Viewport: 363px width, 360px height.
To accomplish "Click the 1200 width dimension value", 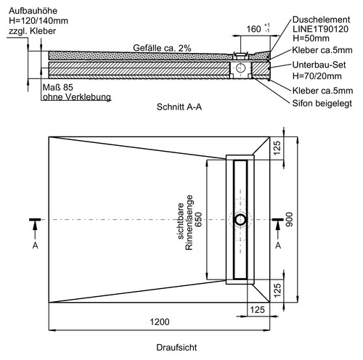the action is coord(160,322).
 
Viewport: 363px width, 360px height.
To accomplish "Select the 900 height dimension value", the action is coord(289,219).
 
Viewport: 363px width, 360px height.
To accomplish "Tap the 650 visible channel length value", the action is coord(198,219).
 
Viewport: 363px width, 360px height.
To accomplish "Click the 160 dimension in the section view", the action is coord(253,29).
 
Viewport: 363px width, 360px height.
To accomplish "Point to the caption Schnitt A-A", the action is coord(179,107).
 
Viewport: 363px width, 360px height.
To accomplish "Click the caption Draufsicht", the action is coord(176,348).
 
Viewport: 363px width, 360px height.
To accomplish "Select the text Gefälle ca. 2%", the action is coord(162,48).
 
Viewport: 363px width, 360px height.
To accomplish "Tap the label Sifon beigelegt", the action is coord(322,104).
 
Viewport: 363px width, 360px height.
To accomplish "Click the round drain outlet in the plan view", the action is coord(240,219).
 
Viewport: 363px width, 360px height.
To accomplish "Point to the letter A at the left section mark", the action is coord(36,245).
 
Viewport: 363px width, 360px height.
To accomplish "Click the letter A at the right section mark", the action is coord(278,245).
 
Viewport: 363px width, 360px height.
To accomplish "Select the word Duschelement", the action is coord(321,20).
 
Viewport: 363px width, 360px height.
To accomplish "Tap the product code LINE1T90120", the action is coord(320,29).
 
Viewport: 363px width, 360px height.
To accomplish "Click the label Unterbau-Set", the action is coord(319,65).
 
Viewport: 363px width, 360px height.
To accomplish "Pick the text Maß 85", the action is coord(58,87).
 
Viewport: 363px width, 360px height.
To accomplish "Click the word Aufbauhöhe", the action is coord(33,11).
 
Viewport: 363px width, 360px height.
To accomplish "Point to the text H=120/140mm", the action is coord(38,21).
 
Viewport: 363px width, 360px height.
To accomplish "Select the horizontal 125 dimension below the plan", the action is coord(257,310).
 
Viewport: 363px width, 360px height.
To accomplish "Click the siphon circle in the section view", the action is coord(240,67).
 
